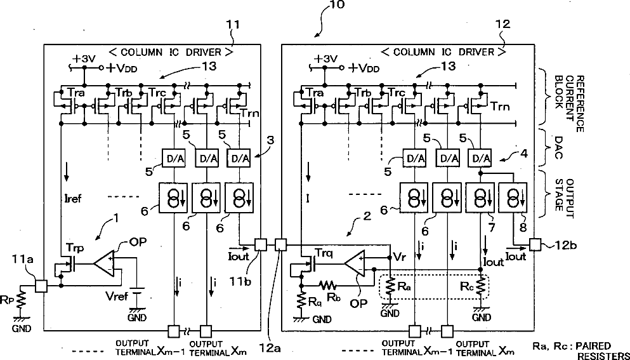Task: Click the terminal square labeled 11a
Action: click(41, 286)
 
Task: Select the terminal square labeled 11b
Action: click(261, 244)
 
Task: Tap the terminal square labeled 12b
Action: click(535, 244)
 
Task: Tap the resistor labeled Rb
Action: click(328, 285)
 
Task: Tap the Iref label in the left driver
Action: click(73, 198)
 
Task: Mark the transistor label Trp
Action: click(75, 248)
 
